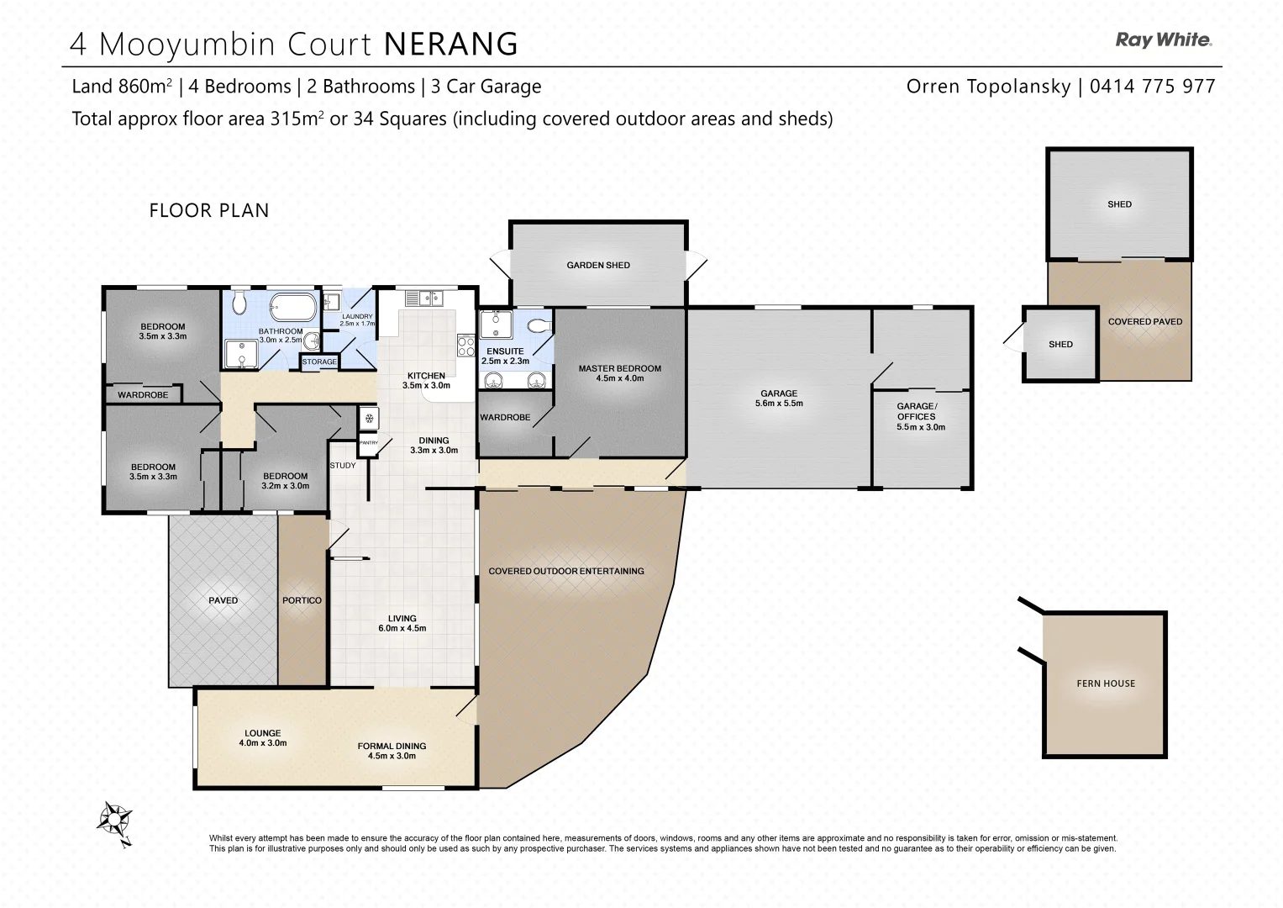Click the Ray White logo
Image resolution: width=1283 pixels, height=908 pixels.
pos(1163,40)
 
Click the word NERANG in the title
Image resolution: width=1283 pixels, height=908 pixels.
pos(450,44)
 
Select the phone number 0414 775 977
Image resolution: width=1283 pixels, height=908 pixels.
pos(1152,86)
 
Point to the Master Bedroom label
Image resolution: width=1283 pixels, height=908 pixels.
pos(619,368)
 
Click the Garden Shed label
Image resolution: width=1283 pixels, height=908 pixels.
pos(597,265)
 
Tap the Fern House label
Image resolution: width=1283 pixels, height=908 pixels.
pos(1105,684)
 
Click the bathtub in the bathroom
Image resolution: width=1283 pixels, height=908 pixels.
pos(293,303)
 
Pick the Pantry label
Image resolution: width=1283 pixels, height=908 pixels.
pos(368,442)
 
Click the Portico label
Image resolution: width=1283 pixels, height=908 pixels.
pos(302,600)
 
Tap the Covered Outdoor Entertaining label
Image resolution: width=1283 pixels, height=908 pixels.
pos(565,571)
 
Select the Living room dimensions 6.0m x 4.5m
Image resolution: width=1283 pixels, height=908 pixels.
pos(402,628)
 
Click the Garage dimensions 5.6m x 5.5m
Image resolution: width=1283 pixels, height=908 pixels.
pos(779,404)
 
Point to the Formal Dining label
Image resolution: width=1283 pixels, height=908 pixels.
pos(392,746)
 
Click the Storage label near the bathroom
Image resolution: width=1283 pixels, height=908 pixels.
pos(319,362)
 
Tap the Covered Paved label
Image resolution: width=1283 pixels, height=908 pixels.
pos(1144,321)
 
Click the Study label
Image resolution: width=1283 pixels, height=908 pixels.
pos(343,465)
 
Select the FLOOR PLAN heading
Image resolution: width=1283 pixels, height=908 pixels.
pos(209,210)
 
